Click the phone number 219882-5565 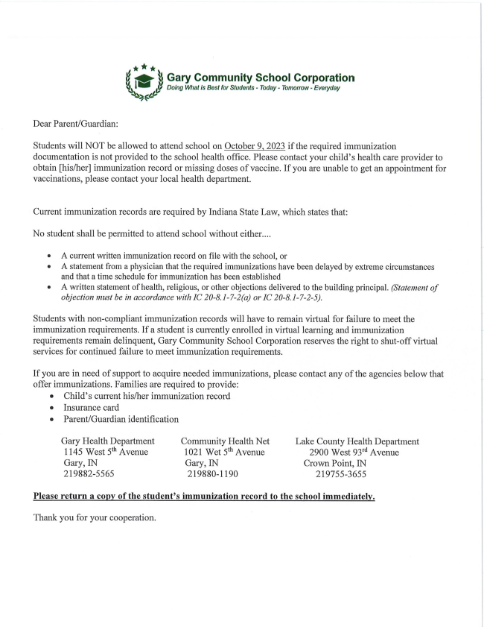click(x=89, y=473)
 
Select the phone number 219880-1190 click(x=212, y=473)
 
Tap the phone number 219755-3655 click(x=341, y=473)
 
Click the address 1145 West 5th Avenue click(x=106, y=452)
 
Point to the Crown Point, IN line click(x=334, y=463)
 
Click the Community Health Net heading click(x=225, y=441)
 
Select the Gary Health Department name click(x=108, y=441)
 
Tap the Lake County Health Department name click(x=357, y=441)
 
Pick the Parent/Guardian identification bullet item click(x=121, y=419)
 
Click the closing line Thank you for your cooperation click(x=95, y=517)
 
